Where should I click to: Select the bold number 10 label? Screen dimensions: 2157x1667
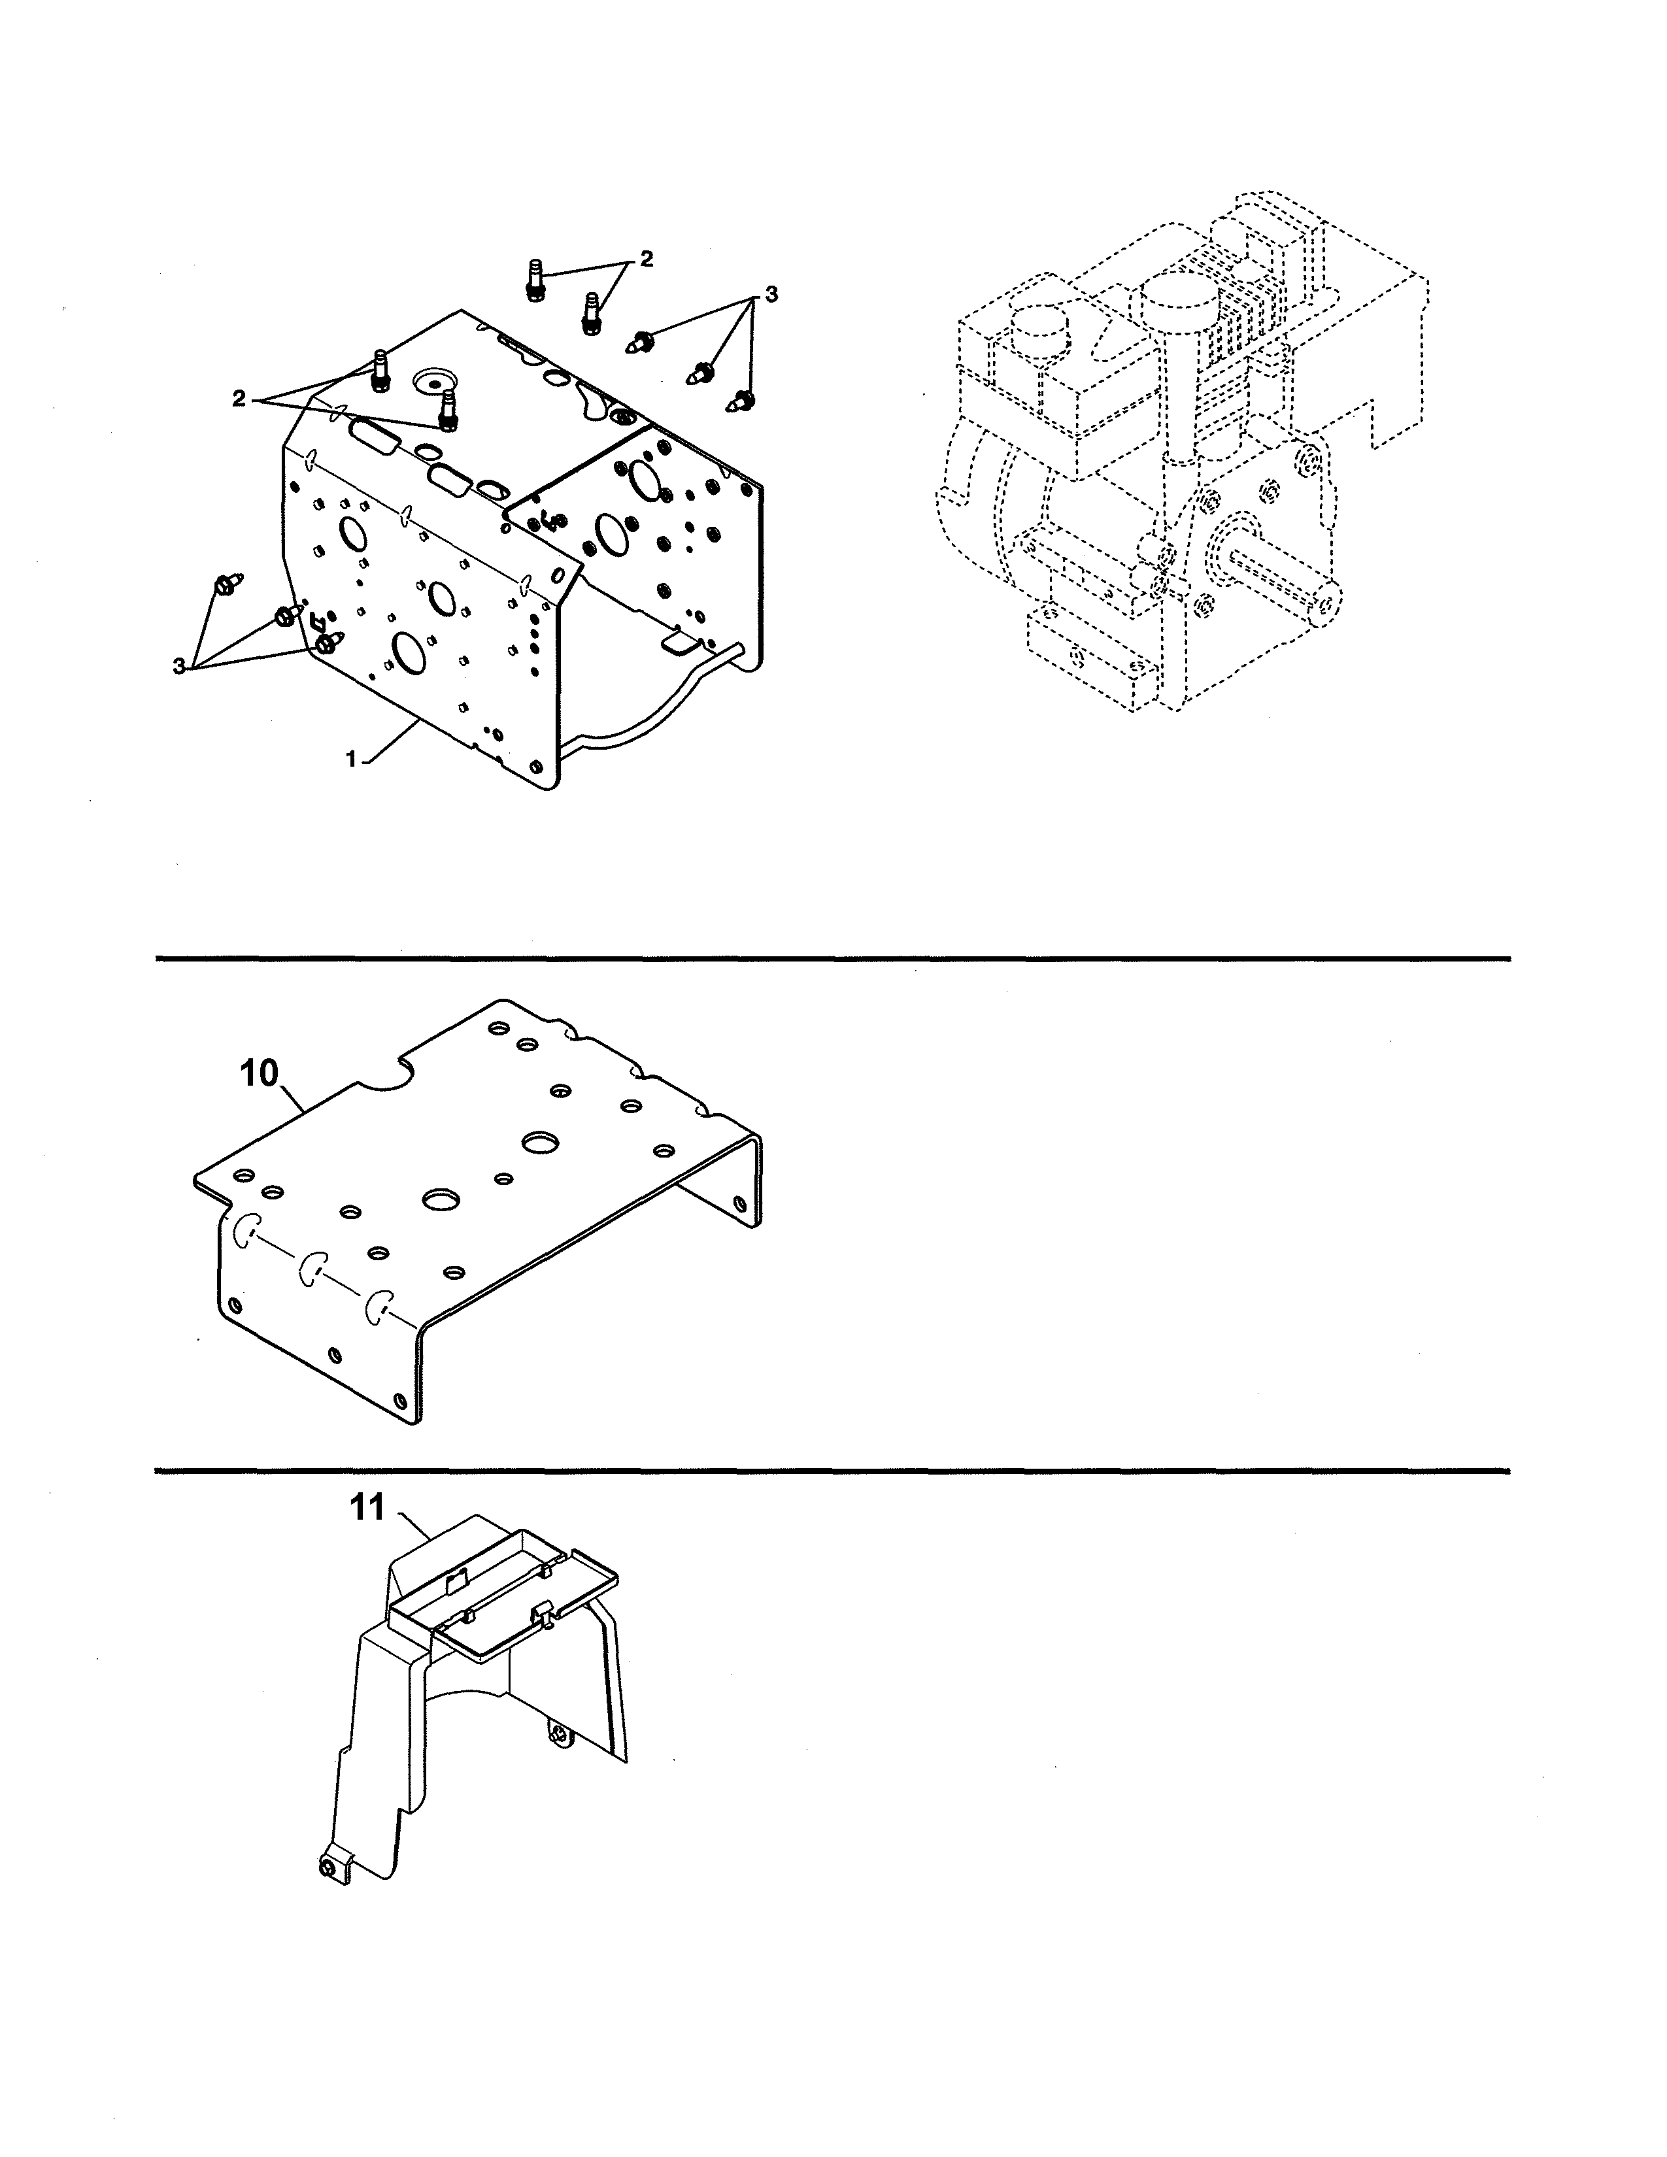click(x=260, y=1073)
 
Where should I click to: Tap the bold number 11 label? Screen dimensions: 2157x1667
click(x=367, y=1509)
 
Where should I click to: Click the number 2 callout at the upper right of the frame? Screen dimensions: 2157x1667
click(x=646, y=259)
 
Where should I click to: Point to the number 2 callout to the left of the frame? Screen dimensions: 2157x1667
click(x=239, y=398)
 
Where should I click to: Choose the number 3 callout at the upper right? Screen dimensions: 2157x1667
click(x=770, y=294)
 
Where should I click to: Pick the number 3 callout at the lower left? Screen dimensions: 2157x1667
click(x=178, y=667)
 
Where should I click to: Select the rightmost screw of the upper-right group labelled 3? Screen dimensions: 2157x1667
click(x=742, y=401)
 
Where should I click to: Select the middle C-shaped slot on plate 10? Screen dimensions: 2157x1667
click(x=314, y=1268)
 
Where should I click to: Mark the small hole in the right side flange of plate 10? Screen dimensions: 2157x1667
click(x=739, y=1204)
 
